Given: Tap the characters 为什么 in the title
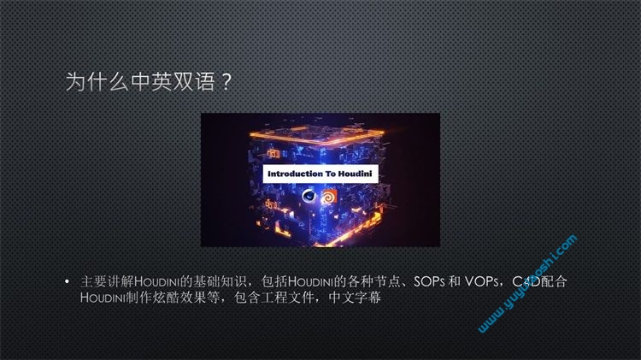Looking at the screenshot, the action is pos(97,81).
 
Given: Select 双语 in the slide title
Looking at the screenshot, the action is pos(194,81).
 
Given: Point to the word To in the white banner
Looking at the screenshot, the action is pos(330,174).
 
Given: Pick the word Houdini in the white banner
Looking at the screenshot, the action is pos(355,174).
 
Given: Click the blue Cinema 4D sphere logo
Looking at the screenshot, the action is pos(309,197).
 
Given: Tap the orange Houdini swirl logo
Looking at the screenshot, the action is pos(329,197).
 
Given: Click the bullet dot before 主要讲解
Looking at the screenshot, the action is pos(67,281).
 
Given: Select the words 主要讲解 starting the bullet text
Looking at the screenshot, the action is pos(107,281).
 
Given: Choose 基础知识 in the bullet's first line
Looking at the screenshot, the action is pos(220,281).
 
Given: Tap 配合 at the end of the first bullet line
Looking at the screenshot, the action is pos(554,281).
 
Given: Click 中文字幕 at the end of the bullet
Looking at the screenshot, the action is pos(355,298).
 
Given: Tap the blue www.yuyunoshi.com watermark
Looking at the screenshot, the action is pos(528,284).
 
